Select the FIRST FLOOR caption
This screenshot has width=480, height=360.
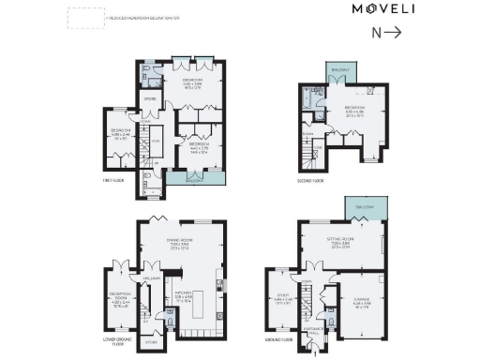(113, 180)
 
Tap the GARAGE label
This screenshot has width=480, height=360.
(361, 302)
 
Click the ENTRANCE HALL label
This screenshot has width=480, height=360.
(312, 330)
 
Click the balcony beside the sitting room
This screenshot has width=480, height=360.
(358, 206)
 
